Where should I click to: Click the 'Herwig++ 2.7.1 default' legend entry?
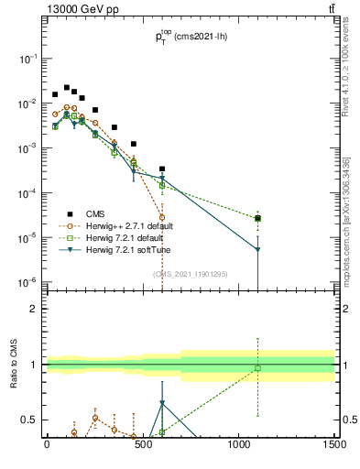pyautogui.click(x=128, y=225)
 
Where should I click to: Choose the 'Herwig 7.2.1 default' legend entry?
pyautogui.click(x=124, y=237)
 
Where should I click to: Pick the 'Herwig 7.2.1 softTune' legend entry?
pyautogui.click(x=126, y=249)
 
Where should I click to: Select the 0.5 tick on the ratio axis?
pyautogui.click(x=30, y=420)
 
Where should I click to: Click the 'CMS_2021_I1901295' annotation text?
pyautogui.click(x=191, y=273)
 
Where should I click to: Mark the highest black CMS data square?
pyautogui.click(x=66, y=88)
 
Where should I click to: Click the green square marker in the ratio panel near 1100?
pyautogui.click(x=258, y=368)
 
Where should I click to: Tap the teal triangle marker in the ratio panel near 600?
pyautogui.click(x=162, y=403)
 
